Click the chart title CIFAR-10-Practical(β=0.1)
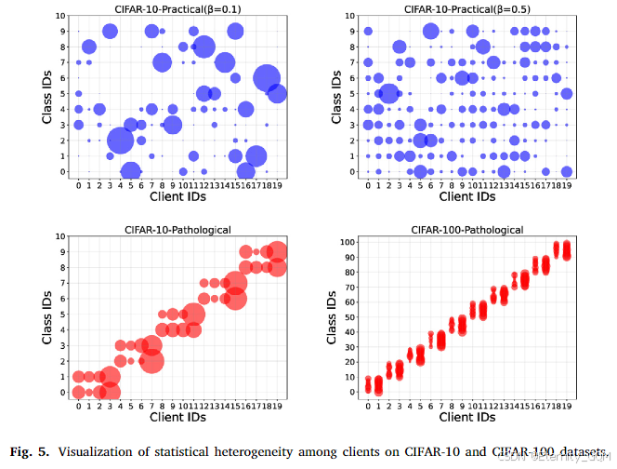178,7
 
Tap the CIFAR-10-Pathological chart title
178,228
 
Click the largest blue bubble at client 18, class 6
267,79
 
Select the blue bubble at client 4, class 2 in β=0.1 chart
121,141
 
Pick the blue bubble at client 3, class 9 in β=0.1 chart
110,31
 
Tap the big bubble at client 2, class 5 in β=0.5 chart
389,93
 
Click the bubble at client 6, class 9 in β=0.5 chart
430,31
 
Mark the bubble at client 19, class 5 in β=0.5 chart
567,93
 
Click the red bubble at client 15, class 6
235,298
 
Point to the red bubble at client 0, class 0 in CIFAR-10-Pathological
79,392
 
